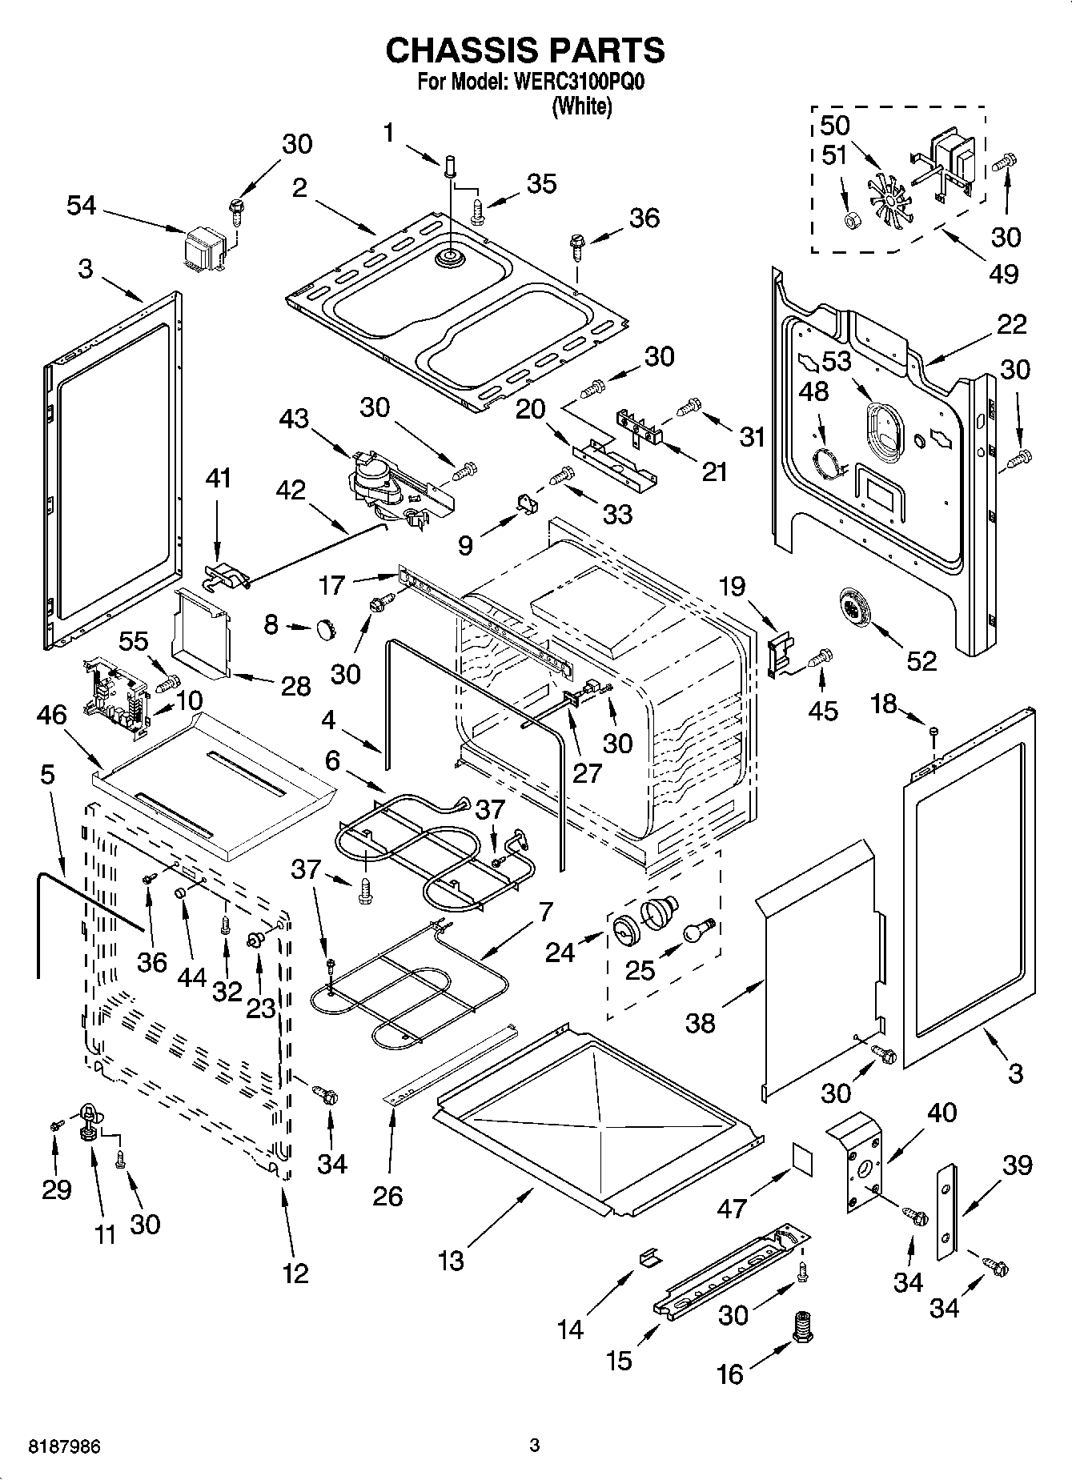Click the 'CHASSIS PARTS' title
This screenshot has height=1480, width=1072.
click(x=525, y=50)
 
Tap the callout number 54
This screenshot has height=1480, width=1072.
click(x=81, y=206)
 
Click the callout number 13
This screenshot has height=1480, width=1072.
click(x=451, y=1261)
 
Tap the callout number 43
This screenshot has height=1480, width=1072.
click(x=294, y=418)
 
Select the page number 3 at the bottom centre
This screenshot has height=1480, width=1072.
click(x=535, y=1446)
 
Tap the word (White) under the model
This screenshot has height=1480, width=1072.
click(x=582, y=106)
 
